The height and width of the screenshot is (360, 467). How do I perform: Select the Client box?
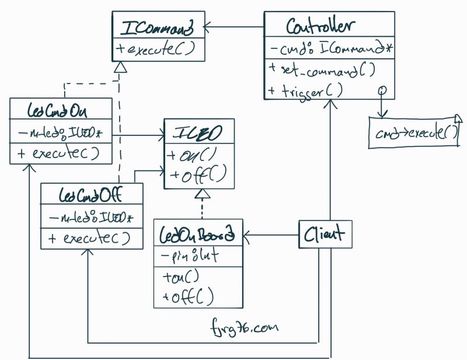[x=323, y=235]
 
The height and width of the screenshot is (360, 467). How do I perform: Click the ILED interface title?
[x=199, y=135]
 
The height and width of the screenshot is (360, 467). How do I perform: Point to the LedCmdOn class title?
[x=61, y=110]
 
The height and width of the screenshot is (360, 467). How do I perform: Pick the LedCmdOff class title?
[x=92, y=193]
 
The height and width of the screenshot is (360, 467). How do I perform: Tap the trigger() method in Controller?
[x=306, y=91]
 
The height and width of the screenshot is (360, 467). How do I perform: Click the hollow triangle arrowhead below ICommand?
[x=120, y=68]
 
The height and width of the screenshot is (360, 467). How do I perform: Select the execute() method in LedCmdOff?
[x=89, y=238]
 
